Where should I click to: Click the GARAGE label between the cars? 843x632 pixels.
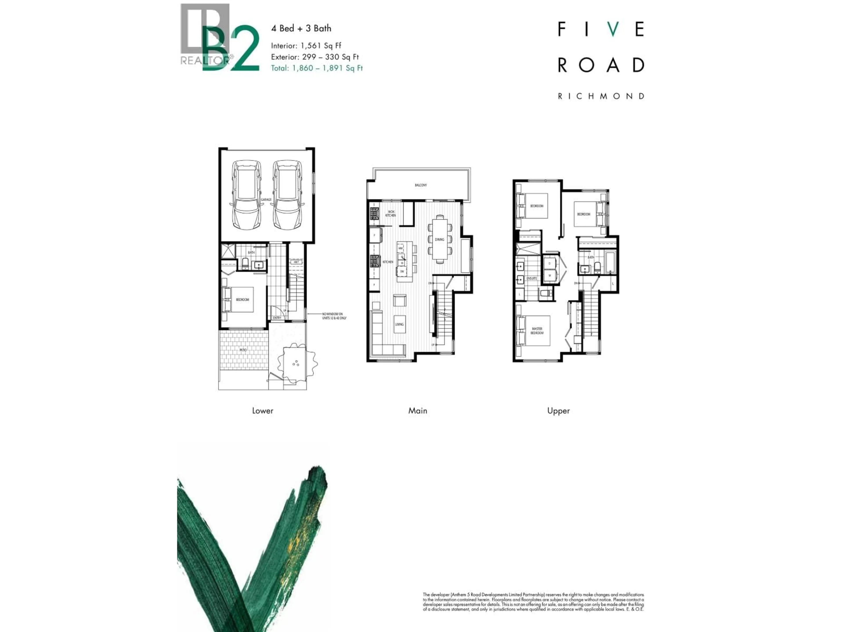pos(266,199)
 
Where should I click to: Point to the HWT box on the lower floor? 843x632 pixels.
pos(296,262)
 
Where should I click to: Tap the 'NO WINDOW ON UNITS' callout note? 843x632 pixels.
pos(334,316)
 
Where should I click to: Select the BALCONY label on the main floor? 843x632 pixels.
pos(421,185)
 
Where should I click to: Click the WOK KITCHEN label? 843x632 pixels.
pos(391,214)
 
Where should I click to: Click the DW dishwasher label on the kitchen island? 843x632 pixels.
pos(402,271)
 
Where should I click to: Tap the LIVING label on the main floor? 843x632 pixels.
pos(399,324)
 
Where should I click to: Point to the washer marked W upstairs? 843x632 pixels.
pos(549,275)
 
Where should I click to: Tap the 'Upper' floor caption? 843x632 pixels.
pos(558,411)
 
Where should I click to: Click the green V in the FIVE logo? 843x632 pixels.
pos(613,29)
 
